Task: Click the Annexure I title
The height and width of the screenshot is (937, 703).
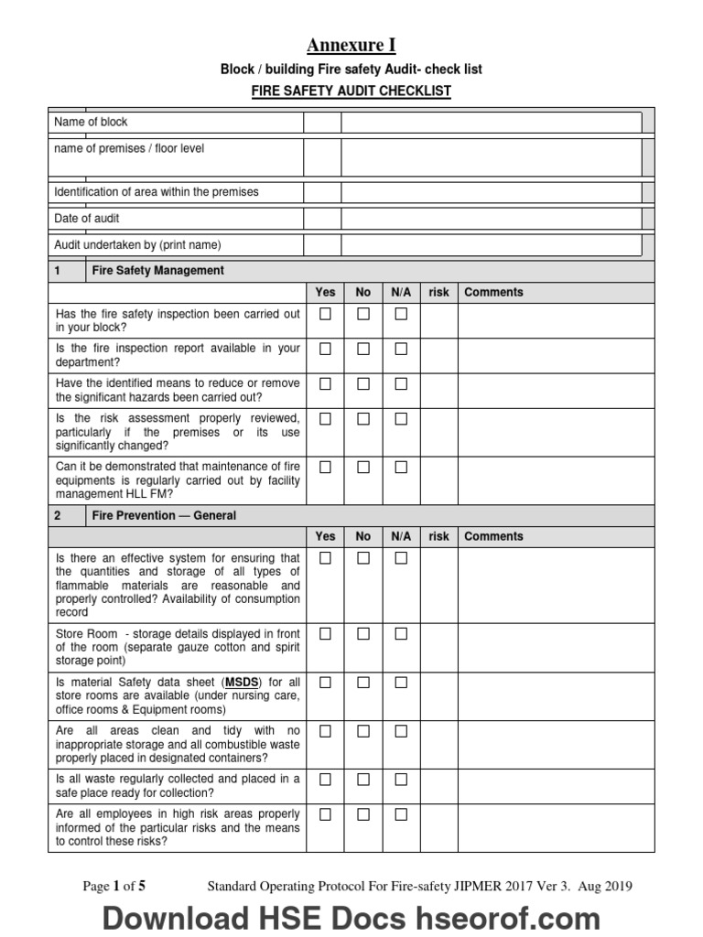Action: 351,46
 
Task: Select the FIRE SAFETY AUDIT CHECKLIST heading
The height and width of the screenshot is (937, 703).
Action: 351,92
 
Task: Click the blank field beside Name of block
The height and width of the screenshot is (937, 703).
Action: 491,123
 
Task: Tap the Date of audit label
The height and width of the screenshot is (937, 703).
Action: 87,219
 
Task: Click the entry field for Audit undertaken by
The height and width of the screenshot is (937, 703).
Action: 491,245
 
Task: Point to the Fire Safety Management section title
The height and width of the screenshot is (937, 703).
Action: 157,271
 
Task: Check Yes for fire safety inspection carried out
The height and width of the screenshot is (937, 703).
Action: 325,314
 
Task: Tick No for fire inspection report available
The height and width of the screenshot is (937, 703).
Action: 363,349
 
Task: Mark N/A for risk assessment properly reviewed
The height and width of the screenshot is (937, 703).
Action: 400,419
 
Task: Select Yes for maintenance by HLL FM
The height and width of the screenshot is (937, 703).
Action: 325,467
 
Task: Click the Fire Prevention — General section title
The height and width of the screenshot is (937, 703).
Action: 164,515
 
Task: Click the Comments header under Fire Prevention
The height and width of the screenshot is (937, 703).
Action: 493,537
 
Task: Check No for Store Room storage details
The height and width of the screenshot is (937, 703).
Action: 363,633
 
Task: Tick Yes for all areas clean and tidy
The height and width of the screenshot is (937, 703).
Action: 325,731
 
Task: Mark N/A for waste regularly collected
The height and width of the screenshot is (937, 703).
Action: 400,779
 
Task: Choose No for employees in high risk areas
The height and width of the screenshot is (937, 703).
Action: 363,814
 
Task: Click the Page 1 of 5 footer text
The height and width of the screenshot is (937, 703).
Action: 114,886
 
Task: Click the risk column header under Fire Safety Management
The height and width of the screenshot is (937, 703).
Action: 439,293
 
